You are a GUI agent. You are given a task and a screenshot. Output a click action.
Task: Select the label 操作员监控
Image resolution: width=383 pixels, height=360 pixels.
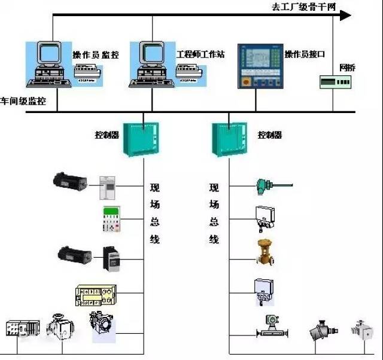[x=96, y=55]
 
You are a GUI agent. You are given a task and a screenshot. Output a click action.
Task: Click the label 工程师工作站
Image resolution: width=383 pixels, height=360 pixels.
[x=200, y=54]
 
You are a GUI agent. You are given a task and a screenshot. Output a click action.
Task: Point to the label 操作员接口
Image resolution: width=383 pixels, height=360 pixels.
[x=305, y=54]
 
